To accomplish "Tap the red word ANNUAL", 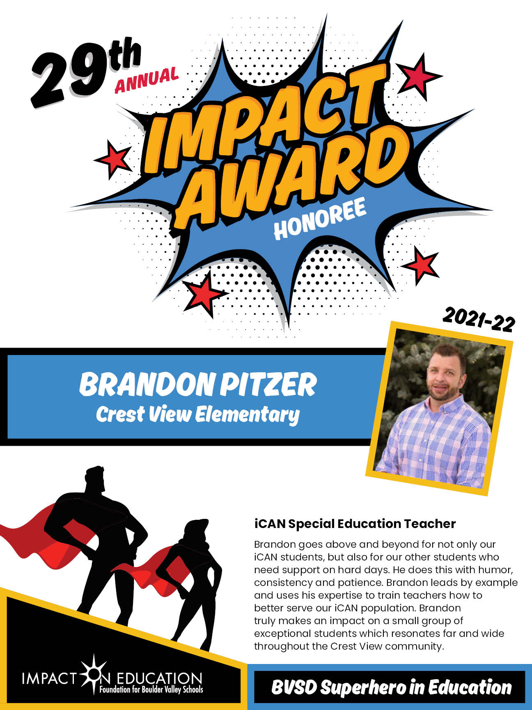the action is [147, 79].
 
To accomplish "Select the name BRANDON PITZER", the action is [198, 384].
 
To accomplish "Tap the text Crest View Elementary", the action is [198, 415].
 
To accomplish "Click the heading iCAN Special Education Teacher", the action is [355, 524].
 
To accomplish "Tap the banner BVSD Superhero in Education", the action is [391, 687].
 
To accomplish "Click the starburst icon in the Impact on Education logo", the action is [94, 675].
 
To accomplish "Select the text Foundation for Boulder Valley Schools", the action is [151, 689].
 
